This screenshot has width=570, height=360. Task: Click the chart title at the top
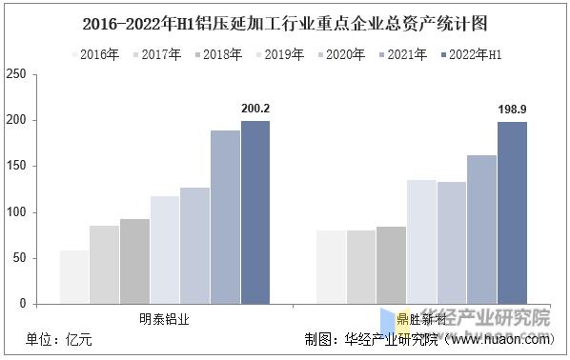285,20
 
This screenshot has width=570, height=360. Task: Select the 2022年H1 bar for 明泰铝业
255,211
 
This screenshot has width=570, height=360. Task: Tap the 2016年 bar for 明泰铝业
74,276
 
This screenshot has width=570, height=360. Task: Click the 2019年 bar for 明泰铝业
165,249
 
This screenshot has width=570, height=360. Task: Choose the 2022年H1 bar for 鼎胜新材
512,212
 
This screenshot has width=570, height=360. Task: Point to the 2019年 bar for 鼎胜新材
421,241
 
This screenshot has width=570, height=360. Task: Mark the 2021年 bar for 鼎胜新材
481,229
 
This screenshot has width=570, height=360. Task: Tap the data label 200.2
255,109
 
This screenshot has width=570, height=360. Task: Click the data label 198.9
512,110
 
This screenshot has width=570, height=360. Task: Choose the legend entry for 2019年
277,55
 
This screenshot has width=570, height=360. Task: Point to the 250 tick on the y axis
15,74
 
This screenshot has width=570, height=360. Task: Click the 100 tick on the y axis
15,211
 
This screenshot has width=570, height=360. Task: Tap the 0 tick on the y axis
22,303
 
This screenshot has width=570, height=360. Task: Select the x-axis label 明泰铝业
165,319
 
